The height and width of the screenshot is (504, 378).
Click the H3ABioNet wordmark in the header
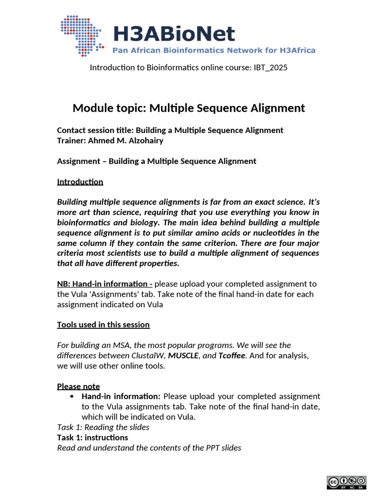[x=174, y=34]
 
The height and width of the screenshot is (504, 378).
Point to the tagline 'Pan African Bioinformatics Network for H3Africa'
[x=214, y=50]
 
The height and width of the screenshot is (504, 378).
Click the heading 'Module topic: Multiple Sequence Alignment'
[x=189, y=108]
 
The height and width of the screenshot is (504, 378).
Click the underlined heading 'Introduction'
[x=80, y=182]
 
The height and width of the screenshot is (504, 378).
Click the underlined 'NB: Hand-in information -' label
[x=104, y=284]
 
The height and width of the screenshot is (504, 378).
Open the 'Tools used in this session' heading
[x=103, y=325]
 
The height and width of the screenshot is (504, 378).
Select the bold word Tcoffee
[x=232, y=355]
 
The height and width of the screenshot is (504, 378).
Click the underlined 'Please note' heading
[x=78, y=386]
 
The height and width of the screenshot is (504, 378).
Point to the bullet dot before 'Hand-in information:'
[x=72, y=397]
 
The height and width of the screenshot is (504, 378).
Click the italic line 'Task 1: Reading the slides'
[x=103, y=427]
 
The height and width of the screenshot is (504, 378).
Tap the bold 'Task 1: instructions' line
[x=93, y=438]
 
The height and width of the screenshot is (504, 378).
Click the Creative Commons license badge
[x=346, y=482]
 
